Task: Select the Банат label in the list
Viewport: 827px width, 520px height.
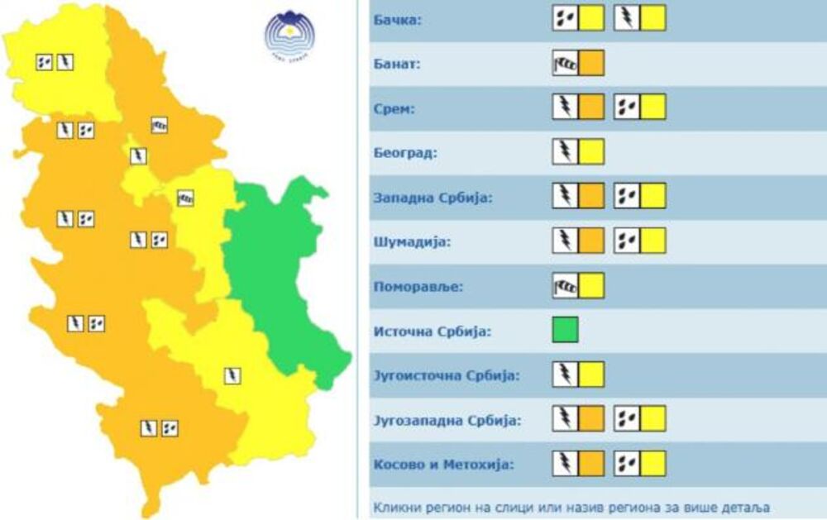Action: [398, 64]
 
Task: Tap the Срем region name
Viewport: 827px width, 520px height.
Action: [395, 108]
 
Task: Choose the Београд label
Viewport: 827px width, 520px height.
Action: [405, 153]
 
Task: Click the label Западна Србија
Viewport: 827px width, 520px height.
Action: [433, 198]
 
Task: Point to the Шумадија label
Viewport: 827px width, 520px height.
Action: [410, 243]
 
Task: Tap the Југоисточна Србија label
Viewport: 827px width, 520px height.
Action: [447, 376]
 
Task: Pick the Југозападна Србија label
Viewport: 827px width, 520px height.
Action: [447, 421]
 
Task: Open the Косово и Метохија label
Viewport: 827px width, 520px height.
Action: [442, 465]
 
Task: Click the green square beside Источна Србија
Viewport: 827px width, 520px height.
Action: [566, 330]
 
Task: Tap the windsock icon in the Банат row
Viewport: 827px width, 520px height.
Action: [565, 63]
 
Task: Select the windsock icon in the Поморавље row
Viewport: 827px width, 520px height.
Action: [565, 286]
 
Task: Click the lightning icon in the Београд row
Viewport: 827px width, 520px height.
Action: [565, 152]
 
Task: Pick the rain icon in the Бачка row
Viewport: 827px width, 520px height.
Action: [565, 17]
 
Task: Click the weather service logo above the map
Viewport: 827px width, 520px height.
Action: [289, 32]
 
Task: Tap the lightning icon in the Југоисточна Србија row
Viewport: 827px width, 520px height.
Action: [565, 374]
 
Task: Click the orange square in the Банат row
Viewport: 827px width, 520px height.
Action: [591, 63]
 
